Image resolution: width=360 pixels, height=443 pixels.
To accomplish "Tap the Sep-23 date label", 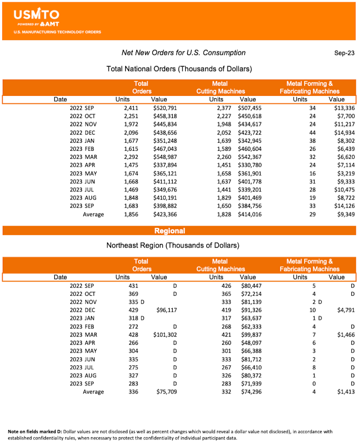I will click(344, 53).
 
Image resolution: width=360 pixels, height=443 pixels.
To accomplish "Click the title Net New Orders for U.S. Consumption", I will click(184, 53).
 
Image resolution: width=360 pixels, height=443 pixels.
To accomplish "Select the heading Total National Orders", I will click(179, 69).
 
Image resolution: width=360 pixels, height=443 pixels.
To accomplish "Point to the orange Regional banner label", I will click(170, 231).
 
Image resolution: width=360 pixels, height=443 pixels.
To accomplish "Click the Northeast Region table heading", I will click(173, 245).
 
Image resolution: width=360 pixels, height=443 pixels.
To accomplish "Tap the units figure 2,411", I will click(131, 108).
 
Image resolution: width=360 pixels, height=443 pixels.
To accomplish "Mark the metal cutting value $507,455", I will click(250, 108).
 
